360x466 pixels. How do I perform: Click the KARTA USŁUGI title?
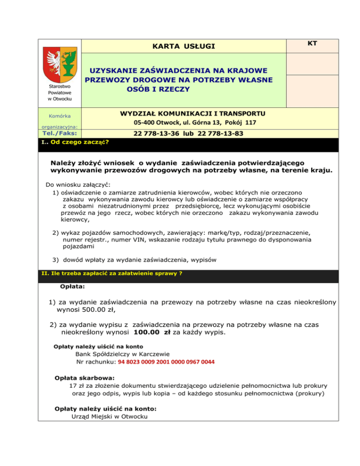tap(184, 46)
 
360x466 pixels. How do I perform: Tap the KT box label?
tap(312, 43)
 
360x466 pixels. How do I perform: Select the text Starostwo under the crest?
tap(59, 86)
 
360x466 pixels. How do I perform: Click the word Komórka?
tap(59, 115)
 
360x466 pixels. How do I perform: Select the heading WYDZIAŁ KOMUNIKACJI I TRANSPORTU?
tap(193, 113)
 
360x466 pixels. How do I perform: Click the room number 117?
tap(248, 123)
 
